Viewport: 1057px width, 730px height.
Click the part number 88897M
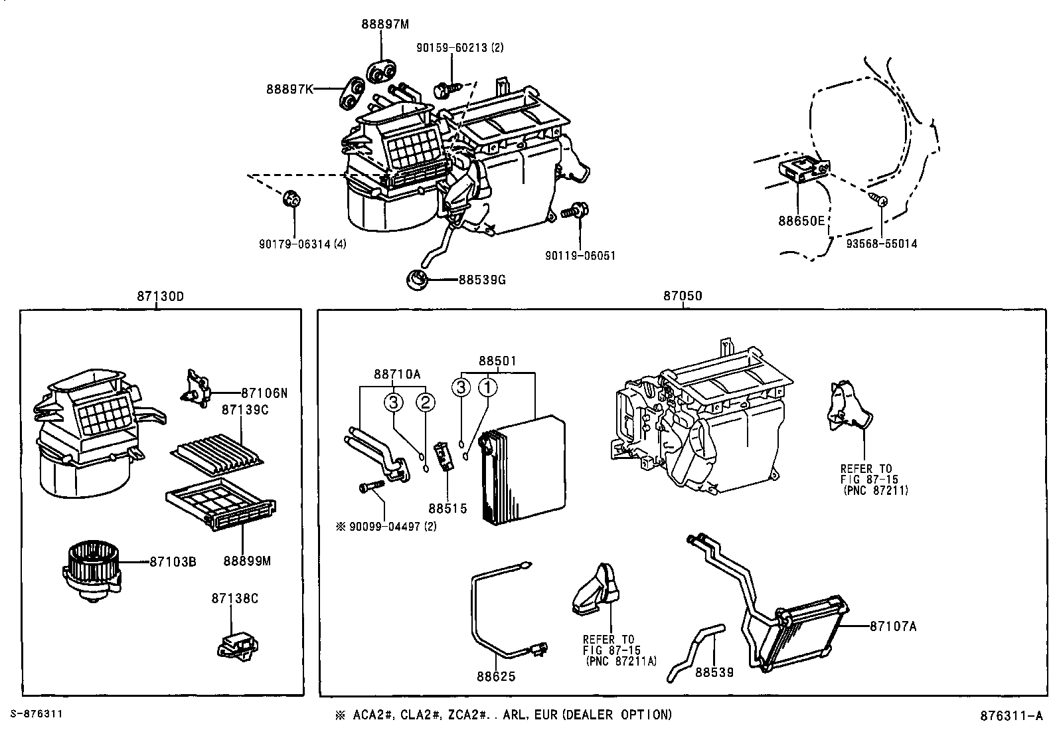tap(385, 24)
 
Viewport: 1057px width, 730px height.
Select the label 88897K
tap(289, 88)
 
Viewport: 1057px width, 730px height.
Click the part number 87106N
tap(264, 393)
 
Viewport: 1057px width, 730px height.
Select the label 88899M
tap(247, 561)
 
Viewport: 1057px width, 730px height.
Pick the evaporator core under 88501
tap(525, 472)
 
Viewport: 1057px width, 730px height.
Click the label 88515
tap(447, 508)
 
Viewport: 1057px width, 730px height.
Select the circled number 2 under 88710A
tap(426, 402)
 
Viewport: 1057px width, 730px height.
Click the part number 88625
tap(495, 676)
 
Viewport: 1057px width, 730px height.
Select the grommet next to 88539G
tap(417, 279)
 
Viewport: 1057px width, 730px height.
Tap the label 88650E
tap(801, 221)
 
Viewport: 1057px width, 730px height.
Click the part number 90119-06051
tap(580, 255)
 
